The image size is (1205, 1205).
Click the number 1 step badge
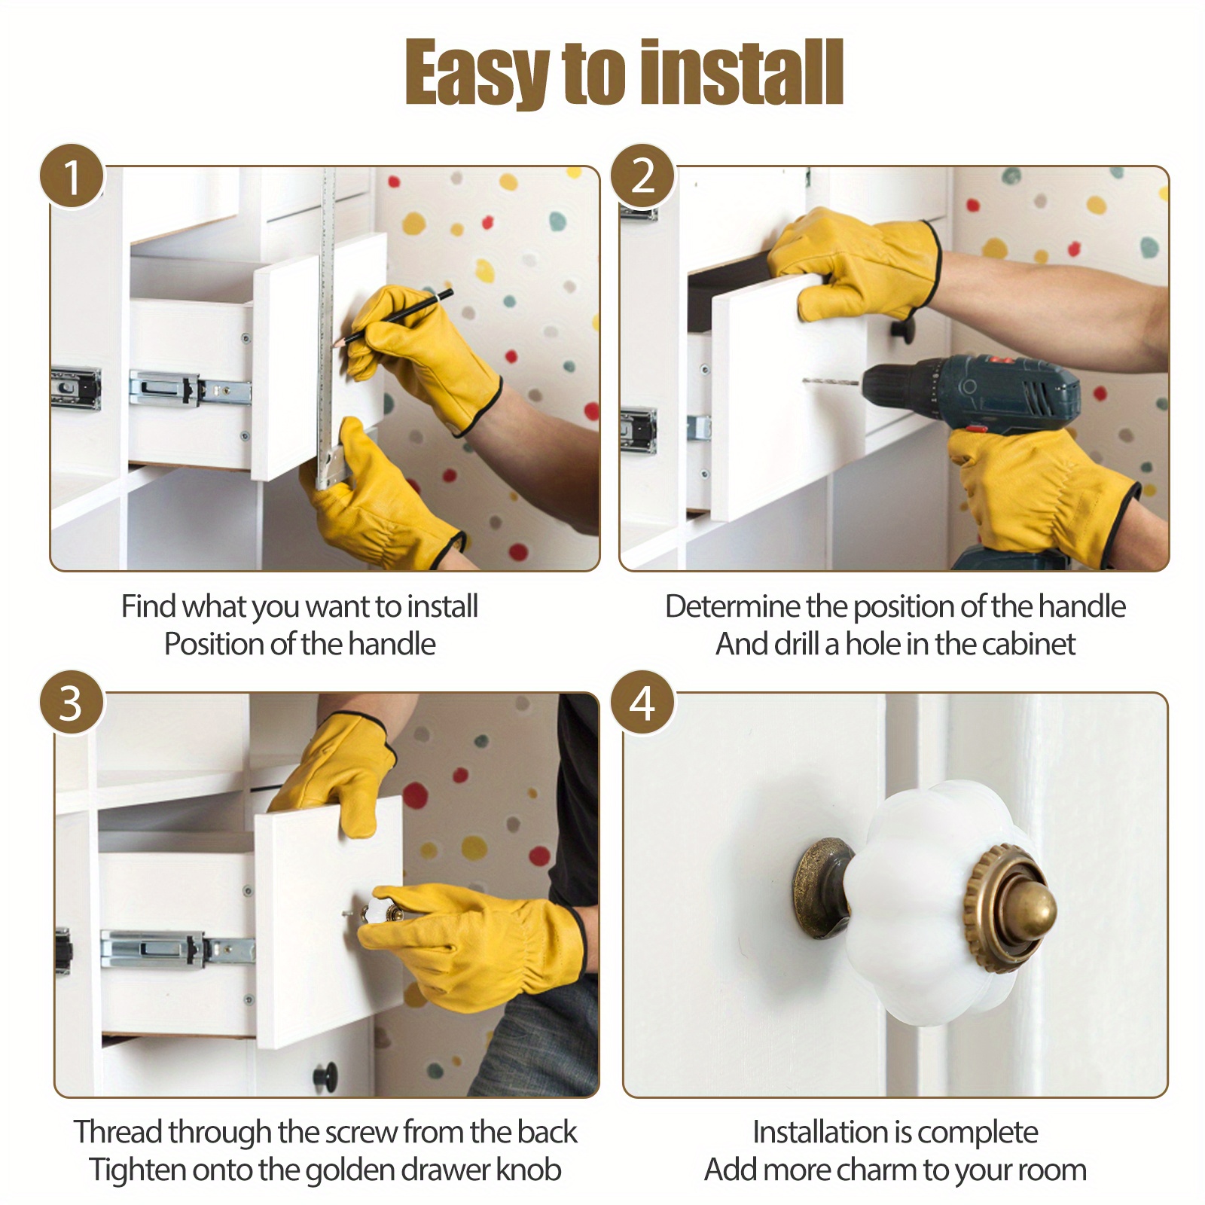pyautogui.click(x=72, y=176)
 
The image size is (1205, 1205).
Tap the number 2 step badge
pyautogui.click(x=642, y=176)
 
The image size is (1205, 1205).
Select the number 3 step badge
pyautogui.click(x=72, y=703)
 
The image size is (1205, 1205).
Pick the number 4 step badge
pyautogui.click(x=642, y=703)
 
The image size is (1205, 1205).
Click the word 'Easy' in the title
pyautogui.click(x=476, y=73)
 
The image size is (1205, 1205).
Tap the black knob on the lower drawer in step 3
pyautogui.click(x=327, y=1075)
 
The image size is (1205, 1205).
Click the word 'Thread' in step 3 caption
pyautogui.click(x=119, y=1132)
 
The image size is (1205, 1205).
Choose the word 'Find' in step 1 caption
pyautogui.click(x=148, y=606)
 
